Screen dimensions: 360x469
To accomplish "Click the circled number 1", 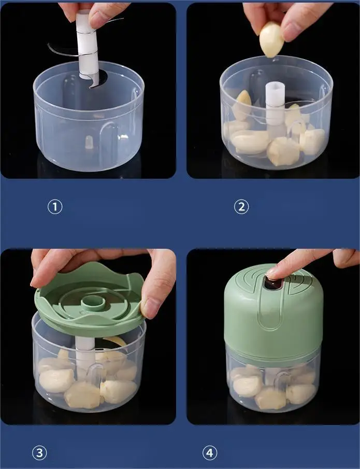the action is click(x=55, y=207).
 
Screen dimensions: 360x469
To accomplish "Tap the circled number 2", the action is click(x=241, y=207).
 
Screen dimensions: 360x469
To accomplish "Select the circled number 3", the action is click(x=39, y=453).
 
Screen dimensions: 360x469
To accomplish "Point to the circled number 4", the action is click(x=210, y=453).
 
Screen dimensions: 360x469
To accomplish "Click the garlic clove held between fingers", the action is click(x=271, y=40).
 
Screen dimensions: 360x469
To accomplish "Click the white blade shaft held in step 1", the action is click(x=88, y=45).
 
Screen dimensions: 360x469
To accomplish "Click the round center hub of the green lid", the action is click(x=93, y=303).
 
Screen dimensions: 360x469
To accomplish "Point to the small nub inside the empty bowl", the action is click(x=89, y=142).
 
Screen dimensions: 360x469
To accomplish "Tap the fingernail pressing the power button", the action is click(x=272, y=274).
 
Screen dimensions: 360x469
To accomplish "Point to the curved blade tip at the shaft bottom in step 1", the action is click(x=95, y=81).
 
